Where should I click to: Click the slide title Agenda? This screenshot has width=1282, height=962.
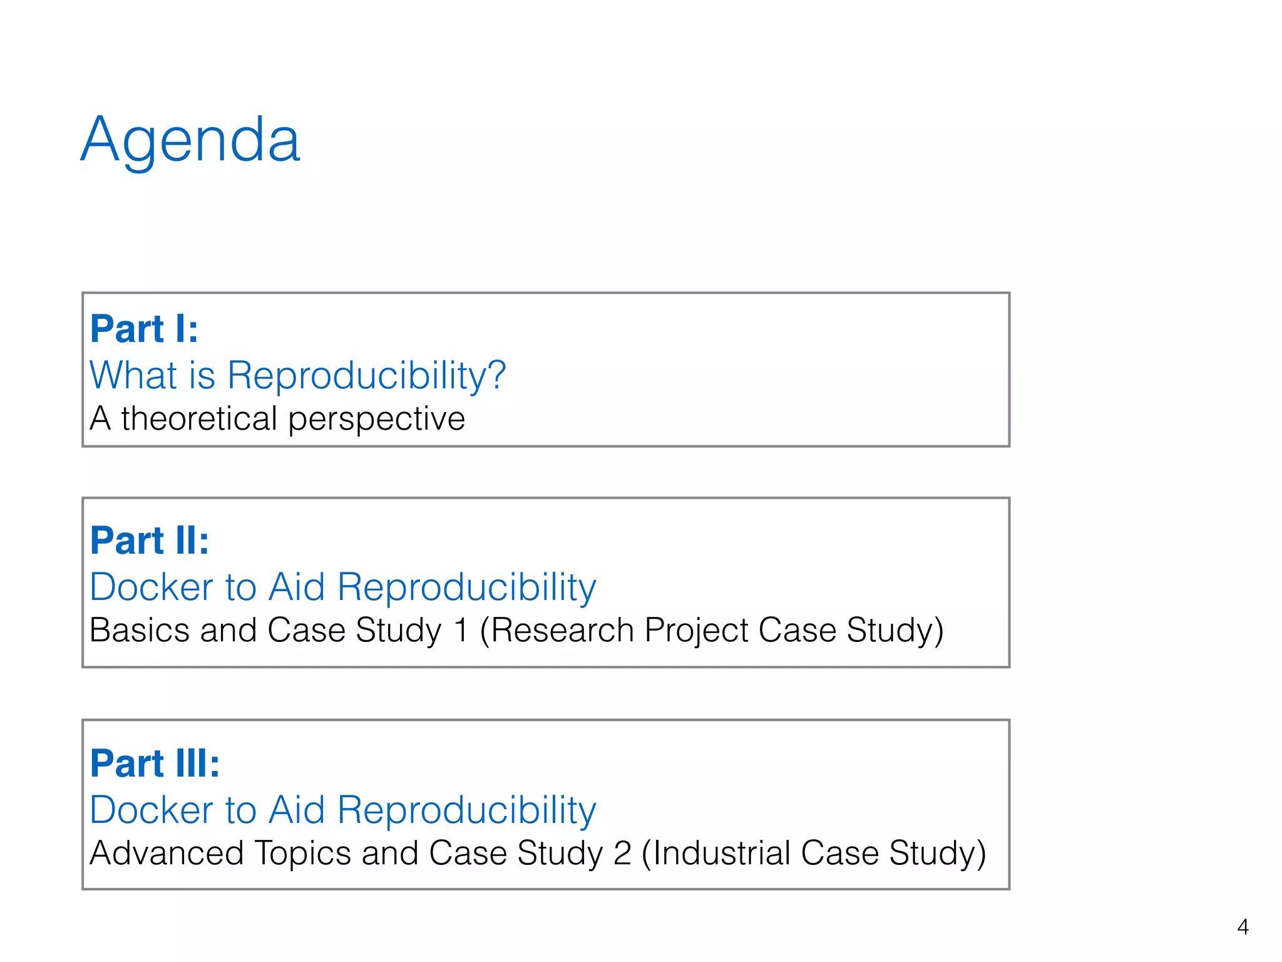[x=191, y=140]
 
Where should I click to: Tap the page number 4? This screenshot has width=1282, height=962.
[x=1243, y=926]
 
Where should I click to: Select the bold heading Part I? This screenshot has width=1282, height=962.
[x=144, y=329]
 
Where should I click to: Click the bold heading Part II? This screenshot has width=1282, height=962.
[x=149, y=540]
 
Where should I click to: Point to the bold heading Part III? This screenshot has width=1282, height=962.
[x=155, y=763]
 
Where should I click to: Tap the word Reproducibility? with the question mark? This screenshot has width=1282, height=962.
[x=366, y=376]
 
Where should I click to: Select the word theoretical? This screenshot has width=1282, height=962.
[x=199, y=418]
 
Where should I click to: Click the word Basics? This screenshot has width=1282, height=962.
[x=139, y=630]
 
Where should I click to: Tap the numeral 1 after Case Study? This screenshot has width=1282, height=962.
[x=461, y=630]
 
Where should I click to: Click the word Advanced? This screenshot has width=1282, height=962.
[x=167, y=853]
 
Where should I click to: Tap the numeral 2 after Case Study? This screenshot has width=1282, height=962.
[x=622, y=853]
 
